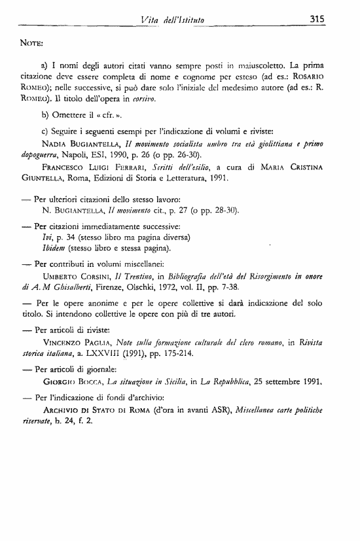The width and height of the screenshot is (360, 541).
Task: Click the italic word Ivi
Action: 46,218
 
